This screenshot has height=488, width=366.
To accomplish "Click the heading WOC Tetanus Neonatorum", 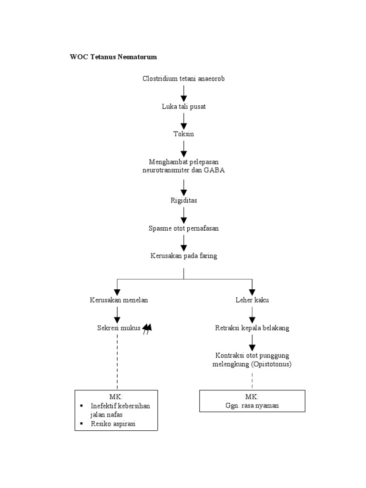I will point(113,57).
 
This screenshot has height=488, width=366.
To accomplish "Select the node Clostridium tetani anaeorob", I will point(183,79).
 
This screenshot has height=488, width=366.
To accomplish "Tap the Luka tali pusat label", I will point(183,106).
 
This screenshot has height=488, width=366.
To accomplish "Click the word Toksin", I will point(183,134).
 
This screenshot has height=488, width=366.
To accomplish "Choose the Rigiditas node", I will point(183,201).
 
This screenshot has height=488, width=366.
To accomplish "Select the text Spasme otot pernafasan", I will point(183,228).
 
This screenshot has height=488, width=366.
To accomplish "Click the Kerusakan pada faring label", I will point(183,256).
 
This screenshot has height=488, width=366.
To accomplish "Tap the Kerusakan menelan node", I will point(119,300).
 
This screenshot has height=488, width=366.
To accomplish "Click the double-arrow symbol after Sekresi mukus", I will point(147,328).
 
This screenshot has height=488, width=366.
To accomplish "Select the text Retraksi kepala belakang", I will point(252,328).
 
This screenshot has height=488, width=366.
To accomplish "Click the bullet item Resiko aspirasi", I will point(113,424).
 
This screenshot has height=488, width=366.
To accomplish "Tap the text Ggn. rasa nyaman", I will point(252,406).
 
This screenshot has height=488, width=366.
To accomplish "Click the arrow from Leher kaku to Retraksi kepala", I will point(252,314).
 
